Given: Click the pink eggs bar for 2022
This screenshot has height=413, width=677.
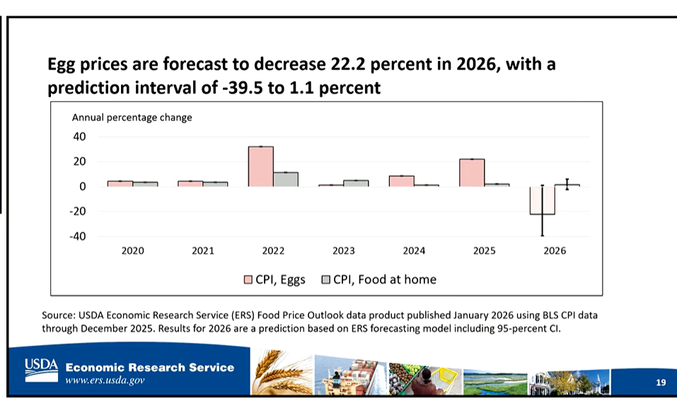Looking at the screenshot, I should (260, 166).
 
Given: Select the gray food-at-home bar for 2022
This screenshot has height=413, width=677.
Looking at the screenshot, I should (286, 179).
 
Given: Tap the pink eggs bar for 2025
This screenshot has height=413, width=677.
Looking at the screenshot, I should (472, 173).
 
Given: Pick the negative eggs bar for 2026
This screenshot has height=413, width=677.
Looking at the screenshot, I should (542, 200).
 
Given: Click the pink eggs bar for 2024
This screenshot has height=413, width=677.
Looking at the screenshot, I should (401, 181).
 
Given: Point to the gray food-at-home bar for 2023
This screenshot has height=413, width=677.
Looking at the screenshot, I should (356, 183).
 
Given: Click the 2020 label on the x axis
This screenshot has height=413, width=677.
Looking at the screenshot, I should (132, 251).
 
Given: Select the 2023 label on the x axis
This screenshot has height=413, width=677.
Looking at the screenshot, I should (343, 251).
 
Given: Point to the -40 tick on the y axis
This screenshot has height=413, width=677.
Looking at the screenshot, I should (76, 237).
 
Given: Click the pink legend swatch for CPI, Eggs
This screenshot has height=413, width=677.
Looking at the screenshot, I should (248, 280).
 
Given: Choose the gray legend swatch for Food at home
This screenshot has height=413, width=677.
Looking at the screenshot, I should (326, 280).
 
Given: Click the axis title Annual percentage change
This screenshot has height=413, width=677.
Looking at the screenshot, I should (132, 118).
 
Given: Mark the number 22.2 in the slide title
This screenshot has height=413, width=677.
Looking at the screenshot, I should (349, 66).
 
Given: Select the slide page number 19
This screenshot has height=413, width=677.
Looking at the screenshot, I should (661, 383).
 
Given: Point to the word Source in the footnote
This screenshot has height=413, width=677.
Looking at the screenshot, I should (59, 315).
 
